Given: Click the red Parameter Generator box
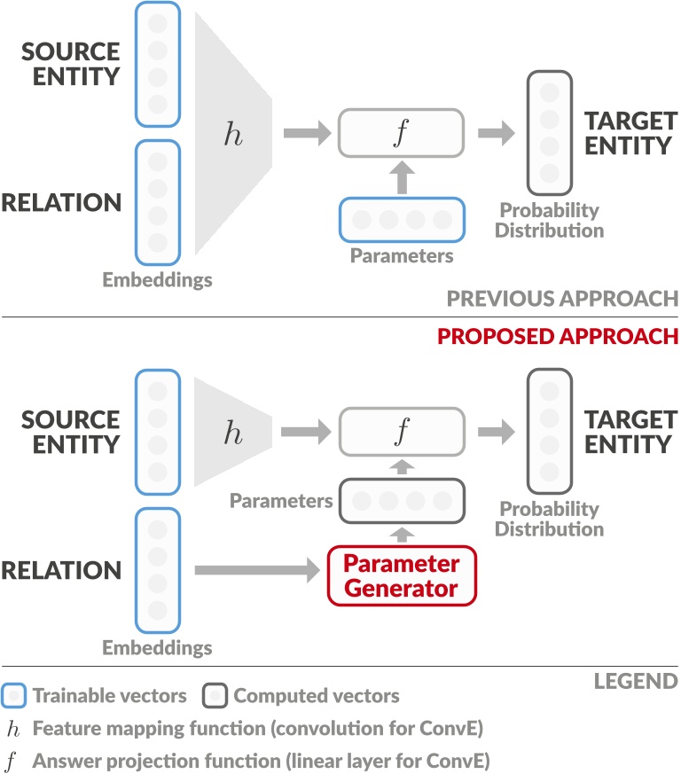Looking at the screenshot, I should click(x=402, y=575).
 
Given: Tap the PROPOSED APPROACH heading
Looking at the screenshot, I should click(x=557, y=337).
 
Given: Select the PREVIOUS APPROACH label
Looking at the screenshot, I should click(x=562, y=297).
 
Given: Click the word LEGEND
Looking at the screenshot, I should click(x=637, y=681).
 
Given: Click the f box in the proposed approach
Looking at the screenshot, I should click(x=401, y=433).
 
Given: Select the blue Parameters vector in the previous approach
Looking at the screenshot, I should click(x=402, y=220).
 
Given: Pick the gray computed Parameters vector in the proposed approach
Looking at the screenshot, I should click(x=402, y=501).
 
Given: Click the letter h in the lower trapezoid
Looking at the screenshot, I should click(x=232, y=433).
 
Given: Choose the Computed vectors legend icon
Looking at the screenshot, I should click(x=216, y=696).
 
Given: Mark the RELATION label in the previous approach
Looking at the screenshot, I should click(x=60, y=203).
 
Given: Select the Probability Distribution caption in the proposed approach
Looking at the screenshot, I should click(x=549, y=520).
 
